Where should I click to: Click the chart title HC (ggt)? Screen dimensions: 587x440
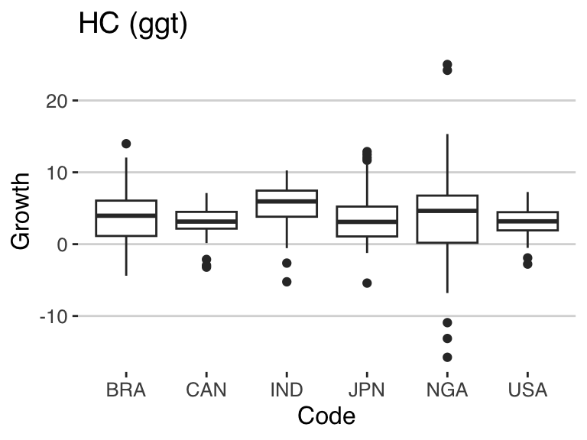pyautogui.click(x=133, y=24)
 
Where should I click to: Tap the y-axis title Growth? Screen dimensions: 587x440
pyautogui.click(x=20, y=212)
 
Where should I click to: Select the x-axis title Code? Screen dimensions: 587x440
pyautogui.click(x=326, y=416)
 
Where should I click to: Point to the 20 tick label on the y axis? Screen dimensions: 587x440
pyautogui.click(x=57, y=102)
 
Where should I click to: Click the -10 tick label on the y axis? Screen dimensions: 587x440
pyautogui.click(x=54, y=317)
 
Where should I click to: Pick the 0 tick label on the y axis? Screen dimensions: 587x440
pyautogui.click(x=62, y=245)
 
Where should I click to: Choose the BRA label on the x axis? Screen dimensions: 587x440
pyautogui.click(x=126, y=390)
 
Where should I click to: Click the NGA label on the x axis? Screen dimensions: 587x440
pyautogui.click(x=447, y=390)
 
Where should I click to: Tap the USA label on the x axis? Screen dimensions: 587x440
pyautogui.click(x=527, y=390)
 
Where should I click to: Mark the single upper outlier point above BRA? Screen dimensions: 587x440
pyautogui.click(x=126, y=144)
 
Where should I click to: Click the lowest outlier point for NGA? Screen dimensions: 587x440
pyautogui.click(x=447, y=357)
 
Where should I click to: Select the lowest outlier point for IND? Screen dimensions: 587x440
pyautogui.click(x=287, y=282)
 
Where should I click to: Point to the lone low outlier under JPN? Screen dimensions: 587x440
pyautogui.click(x=367, y=283)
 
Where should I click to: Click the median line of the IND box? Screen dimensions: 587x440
pyautogui.click(x=287, y=202)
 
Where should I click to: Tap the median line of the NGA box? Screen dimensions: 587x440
pyautogui.click(x=447, y=211)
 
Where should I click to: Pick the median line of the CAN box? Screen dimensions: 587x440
pyautogui.click(x=206, y=222)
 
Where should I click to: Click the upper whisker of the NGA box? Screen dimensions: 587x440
pyautogui.click(x=447, y=165)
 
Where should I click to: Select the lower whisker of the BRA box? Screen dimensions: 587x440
pyautogui.click(x=126, y=256)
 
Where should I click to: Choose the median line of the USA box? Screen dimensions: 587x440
pyautogui.click(x=527, y=221)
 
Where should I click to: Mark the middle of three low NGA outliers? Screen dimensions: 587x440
pyautogui.click(x=447, y=338)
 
